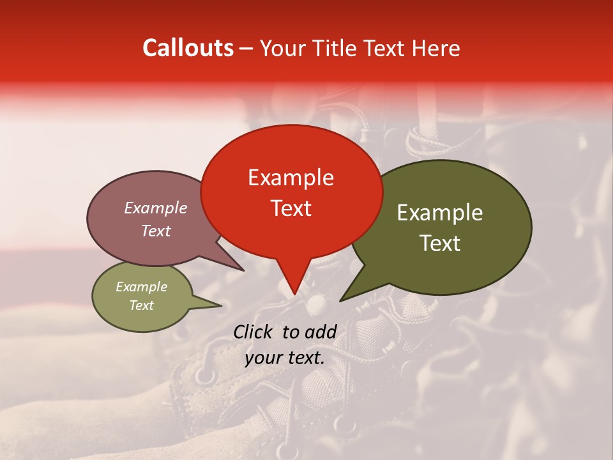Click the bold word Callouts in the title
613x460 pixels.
(188, 48)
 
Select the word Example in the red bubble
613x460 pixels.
(291, 178)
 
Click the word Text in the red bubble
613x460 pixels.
(291, 208)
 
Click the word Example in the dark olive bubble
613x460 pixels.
(440, 213)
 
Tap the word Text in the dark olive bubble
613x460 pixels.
(440, 243)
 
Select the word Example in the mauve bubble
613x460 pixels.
(155, 208)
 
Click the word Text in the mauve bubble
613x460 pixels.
(155, 231)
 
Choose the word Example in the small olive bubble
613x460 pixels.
(141, 287)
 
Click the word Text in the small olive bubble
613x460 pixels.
(141, 305)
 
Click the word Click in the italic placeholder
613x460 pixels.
(254, 332)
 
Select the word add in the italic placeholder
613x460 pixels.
(321, 332)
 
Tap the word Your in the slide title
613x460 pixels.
(280, 48)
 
